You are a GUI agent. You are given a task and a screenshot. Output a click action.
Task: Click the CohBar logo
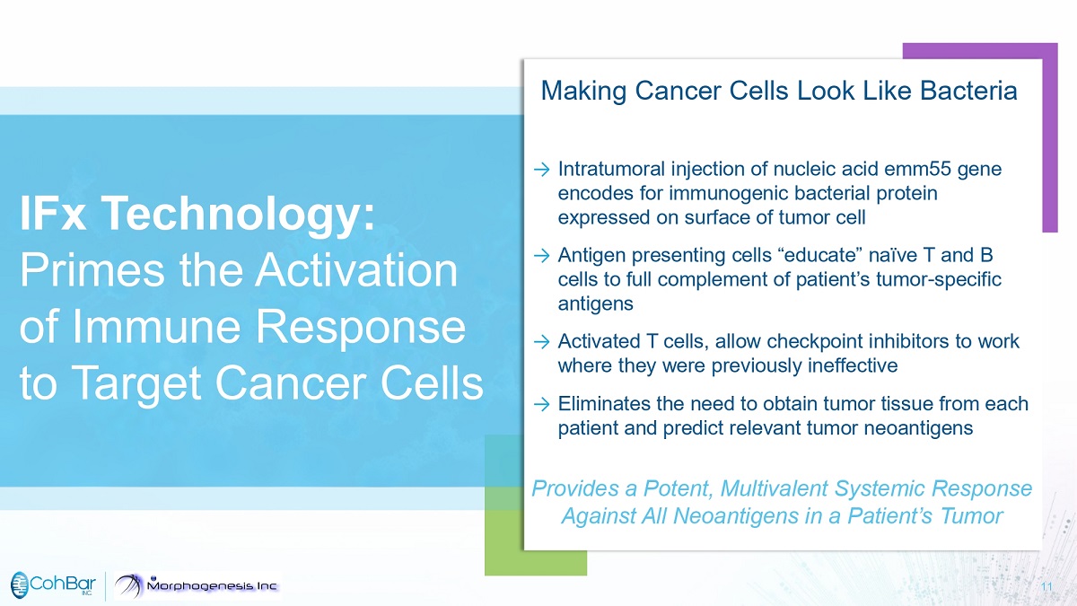pos(53,584)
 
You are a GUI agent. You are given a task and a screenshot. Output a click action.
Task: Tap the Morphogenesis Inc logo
pos(197,585)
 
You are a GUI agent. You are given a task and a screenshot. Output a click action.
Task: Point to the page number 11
pos(1046,587)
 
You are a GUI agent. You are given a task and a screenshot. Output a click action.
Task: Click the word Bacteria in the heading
pos(968,91)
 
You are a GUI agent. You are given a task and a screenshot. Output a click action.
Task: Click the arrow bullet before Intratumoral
pos(541,170)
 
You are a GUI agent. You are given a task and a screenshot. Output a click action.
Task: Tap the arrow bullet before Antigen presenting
pos(541,255)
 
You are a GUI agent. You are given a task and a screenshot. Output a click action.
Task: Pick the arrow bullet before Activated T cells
pos(541,342)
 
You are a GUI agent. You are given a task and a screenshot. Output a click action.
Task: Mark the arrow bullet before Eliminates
pos(541,404)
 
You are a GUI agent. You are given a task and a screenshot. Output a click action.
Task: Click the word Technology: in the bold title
pos(238,214)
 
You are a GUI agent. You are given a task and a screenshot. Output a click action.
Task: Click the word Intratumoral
pos(611,169)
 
